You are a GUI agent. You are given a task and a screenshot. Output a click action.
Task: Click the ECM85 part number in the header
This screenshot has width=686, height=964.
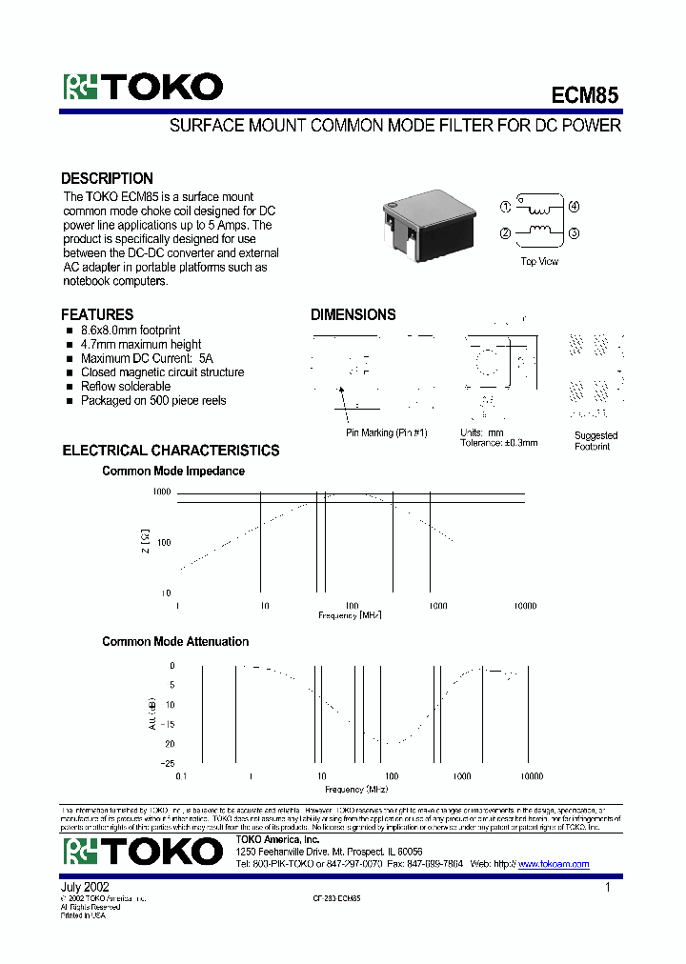click(585, 95)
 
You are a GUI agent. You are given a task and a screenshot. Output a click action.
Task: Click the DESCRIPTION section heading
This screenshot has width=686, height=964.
click(107, 178)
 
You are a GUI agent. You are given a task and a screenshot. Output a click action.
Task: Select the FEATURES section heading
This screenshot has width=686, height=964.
click(97, 314)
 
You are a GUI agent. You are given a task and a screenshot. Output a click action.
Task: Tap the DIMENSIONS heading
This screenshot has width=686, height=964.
click(353, 314)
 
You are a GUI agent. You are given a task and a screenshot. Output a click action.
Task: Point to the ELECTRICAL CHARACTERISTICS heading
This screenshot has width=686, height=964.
click(171, 451)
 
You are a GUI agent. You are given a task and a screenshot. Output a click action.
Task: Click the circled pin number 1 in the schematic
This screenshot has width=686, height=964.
click(506, 206)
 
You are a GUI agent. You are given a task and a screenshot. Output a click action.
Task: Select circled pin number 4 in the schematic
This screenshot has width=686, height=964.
click(574, 206)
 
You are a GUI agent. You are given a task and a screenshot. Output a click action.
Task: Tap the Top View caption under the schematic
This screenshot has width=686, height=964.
click(539, 261)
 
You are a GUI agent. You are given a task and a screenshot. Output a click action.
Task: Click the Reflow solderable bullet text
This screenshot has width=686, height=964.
click(125, 387)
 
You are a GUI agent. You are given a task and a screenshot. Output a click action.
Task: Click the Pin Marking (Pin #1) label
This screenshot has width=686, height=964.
click(387, 432)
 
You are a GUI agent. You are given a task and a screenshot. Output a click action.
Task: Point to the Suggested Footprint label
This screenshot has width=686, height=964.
click(595, 441)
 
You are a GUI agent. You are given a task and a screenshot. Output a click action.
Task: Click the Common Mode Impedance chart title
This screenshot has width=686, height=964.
click(173, 472)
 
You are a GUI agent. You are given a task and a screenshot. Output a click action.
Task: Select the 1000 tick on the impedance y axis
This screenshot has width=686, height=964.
click(161, 492)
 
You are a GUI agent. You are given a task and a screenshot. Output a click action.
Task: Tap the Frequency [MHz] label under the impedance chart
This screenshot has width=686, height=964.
click(350, 616)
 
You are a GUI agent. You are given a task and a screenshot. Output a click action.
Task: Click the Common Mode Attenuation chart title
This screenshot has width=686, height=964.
click(175, 642)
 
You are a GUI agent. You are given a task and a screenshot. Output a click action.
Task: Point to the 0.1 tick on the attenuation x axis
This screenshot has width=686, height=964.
click(181, 776)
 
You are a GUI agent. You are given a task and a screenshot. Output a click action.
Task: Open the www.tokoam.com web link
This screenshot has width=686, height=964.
click(554, 864)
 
